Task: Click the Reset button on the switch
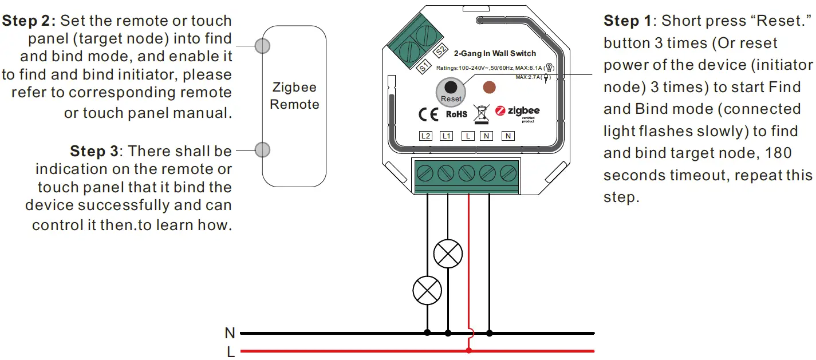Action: click(451, 92)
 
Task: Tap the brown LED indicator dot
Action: click(489, 88)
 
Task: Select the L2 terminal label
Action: click(425, 136)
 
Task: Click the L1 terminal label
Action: click(446, 136)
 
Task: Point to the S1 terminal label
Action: click(424, 67)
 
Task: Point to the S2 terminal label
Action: click(440, 51)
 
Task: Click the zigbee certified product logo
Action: click(518, 113)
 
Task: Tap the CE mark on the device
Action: click(428, 114)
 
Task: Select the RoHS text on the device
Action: click(456, 114)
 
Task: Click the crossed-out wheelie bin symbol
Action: click(481, 114)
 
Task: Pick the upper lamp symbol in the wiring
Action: click(448, 254)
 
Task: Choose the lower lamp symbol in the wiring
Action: click(427, 291)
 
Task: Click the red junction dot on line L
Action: click(469, 351)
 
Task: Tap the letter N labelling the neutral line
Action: click(230, 333)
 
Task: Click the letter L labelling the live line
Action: click(231, 352)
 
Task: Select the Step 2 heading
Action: click(29, 21)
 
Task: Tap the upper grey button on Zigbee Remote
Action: click(263, 46)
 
